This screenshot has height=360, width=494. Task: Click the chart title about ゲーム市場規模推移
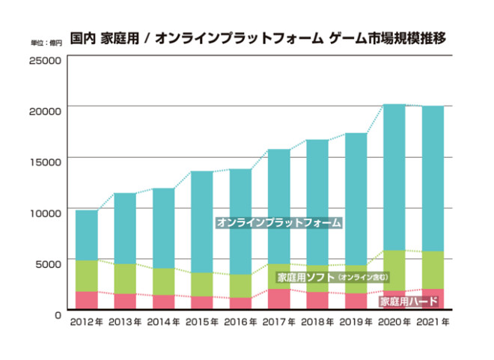pos(258,37)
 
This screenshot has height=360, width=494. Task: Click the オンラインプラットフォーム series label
pos(278,223)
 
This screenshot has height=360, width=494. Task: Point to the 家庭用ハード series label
pos(409,302)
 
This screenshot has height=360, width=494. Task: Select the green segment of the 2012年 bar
pos(86,275)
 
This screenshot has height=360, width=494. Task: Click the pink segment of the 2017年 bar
pos(279,299)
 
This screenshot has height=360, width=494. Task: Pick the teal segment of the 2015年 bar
pos(202,222)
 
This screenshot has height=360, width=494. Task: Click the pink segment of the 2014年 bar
pos(163,302)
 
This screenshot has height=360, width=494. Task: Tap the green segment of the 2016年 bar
pos(240,286)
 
